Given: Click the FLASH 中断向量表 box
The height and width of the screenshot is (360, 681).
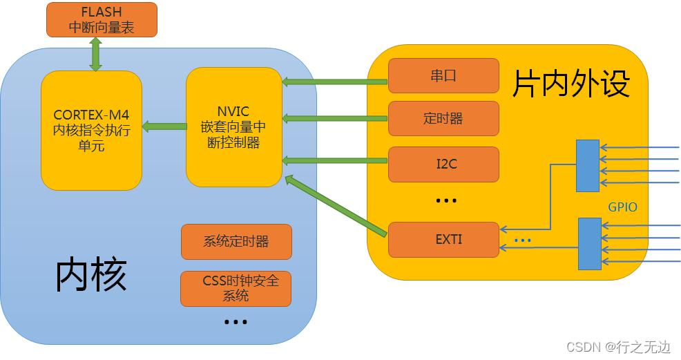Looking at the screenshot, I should tap(102, 19).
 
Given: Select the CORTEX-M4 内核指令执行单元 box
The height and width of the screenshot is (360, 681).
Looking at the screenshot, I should tap(91, 130).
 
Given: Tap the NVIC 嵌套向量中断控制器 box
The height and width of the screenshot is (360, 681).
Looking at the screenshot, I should tap(234, 126).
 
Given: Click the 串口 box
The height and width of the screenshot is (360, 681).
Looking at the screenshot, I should tap(443, 75).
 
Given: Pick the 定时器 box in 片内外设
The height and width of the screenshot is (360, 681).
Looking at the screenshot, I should tap(443, 118).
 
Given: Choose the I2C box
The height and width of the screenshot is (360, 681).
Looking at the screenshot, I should tap(443, 164).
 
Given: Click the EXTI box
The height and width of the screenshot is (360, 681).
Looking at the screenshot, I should tap(443, 239).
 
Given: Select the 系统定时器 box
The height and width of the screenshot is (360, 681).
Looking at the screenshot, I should tap(236, 241).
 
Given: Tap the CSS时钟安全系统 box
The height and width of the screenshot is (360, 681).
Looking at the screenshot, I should tap(236, 288).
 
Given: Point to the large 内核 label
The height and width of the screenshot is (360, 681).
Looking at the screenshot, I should tap(91, 274).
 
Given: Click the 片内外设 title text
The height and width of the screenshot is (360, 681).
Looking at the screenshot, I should tap(570, 84).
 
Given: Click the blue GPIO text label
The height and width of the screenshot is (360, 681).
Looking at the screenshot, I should tap(622, 207).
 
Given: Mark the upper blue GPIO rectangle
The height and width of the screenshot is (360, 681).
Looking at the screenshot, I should tap(588, 165).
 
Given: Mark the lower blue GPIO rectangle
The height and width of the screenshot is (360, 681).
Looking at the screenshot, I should tap(589, 243).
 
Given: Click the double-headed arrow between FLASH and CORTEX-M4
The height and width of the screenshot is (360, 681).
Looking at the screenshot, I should tap(95, 54).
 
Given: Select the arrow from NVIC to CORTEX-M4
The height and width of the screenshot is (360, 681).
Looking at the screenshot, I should tap(164, 126).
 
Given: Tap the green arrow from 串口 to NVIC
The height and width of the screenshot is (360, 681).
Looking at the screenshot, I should tap(335, 82).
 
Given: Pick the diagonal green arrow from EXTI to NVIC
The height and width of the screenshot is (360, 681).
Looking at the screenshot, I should tap(335, 205).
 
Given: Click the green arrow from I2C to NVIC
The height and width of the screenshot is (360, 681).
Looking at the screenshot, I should tap(335, 160).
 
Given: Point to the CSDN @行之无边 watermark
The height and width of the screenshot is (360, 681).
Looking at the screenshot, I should tap(618, 347).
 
